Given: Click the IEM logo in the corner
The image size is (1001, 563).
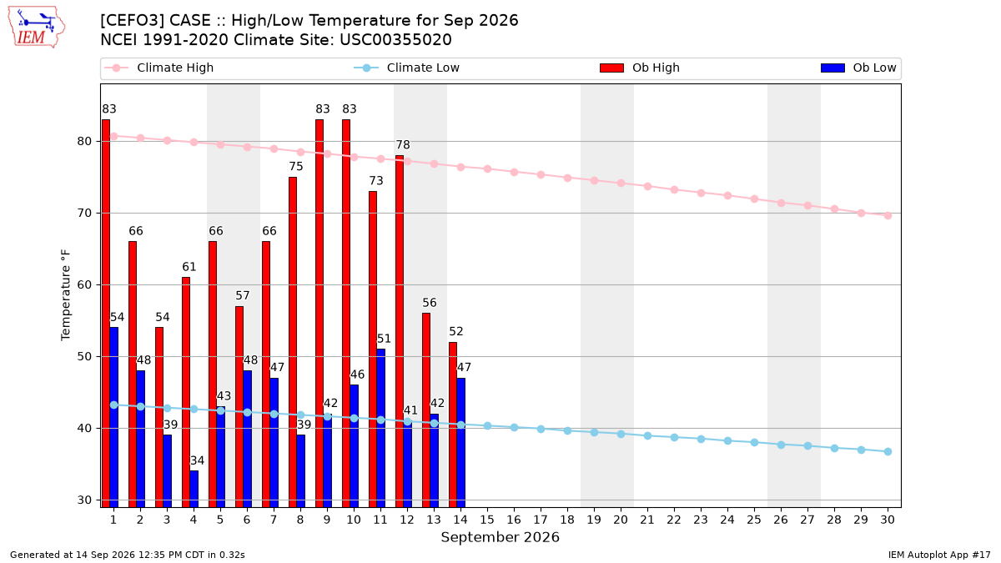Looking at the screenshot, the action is tap(37, 28).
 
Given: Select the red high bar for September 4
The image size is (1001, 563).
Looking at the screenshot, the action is tap(186, 392).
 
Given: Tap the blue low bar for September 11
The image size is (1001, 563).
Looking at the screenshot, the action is tap(380, 428).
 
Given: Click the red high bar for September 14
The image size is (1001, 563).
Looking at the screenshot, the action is tap(453, 425).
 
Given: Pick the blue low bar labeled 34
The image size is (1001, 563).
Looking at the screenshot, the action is tap(194, 489).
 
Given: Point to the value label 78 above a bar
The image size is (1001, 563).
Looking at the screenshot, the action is tap(403, 145).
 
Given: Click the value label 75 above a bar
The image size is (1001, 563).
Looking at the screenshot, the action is tap(296, 166).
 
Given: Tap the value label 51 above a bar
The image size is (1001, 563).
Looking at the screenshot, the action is tap(384, 339).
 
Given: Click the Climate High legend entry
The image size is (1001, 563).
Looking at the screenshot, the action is tap(158, 68).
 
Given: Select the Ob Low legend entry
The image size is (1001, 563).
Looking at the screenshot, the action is tap(858, 68).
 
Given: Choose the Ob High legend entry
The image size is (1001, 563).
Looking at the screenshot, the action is tap(640, 68).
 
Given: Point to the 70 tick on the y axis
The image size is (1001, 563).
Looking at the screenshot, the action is tap(84, 214).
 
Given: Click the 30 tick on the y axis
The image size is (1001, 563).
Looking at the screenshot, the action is tap(84, 500).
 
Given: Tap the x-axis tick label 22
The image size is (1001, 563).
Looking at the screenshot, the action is tap(674, 520).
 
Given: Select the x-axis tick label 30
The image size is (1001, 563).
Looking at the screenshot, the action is tap(888, 520).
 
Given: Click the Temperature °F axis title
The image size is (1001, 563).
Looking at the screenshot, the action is tap(66, 295).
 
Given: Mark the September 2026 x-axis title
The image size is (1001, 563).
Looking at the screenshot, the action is tap(500, 537).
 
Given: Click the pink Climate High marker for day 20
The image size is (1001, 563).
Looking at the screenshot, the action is tap(621, 183).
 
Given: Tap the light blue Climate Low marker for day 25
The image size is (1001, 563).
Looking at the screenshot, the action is tap(754, 442).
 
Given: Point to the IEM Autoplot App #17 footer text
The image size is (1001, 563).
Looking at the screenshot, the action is tap(939, 555).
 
